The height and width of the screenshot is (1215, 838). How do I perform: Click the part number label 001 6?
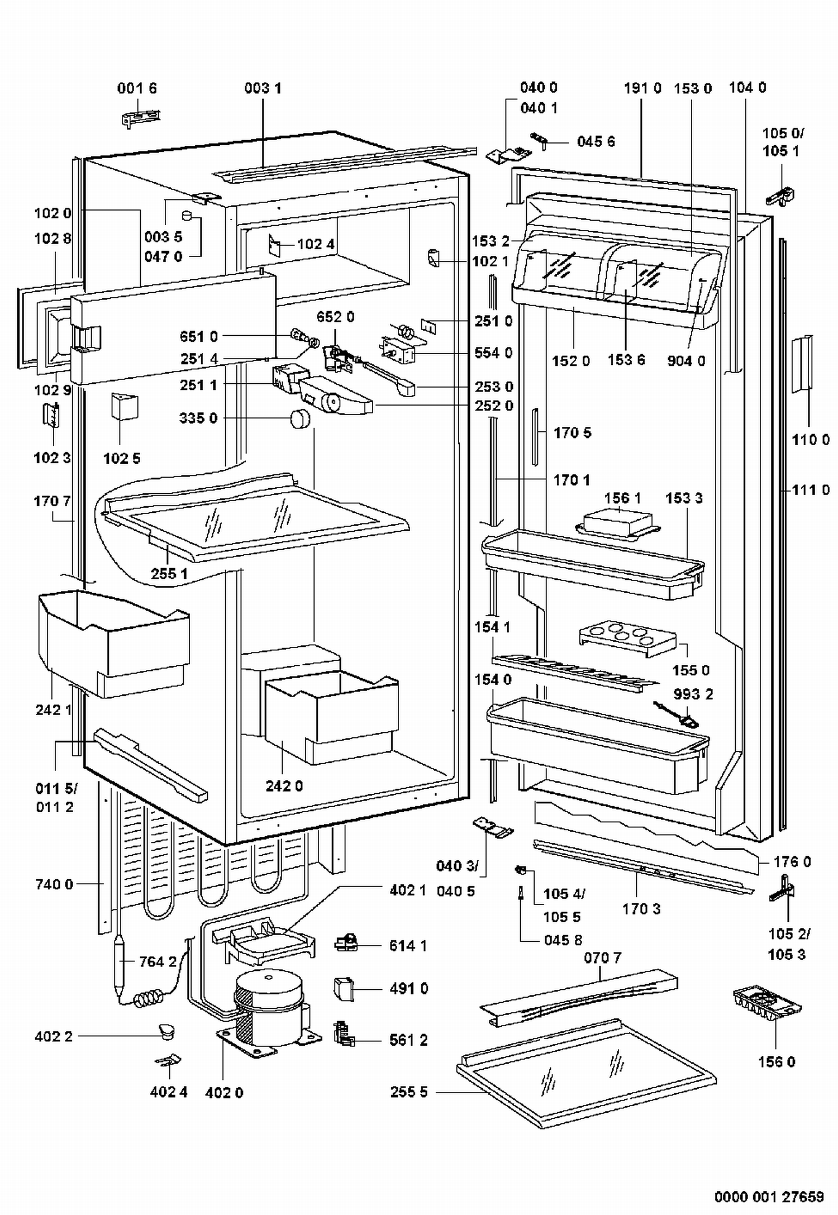[x=137, y=88]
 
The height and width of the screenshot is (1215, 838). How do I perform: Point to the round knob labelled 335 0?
[x=300, y=418]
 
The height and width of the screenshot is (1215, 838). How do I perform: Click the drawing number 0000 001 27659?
[x=769, y=1197]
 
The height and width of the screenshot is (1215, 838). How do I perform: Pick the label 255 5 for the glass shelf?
[x=409, y=1092]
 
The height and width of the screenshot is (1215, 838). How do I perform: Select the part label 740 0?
[x=54, y=884]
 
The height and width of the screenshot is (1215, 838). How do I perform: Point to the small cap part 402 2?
[x=166, y=1031]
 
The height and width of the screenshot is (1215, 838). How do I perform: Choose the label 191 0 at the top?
[x=642, y=88]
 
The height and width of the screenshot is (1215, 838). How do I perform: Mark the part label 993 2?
[x=693, y=694]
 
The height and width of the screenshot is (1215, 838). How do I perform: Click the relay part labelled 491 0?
[x=344, y=989]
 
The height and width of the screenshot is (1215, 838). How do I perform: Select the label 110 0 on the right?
[x=811, y=440]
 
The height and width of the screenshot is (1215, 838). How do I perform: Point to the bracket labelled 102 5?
[x=125, y=406]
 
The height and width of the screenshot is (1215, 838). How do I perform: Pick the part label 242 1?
[x=54, y=709]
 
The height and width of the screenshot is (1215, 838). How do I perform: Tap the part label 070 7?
[x=603, y=958]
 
